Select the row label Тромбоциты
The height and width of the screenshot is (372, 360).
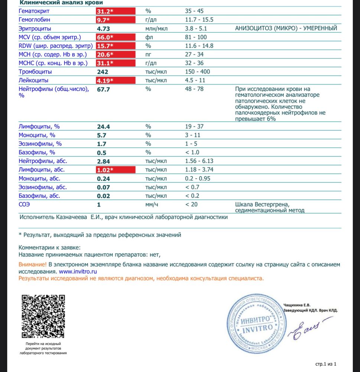point(35,71)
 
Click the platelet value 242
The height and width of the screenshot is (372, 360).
point(103,71)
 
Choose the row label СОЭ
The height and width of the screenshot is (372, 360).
point(25,204)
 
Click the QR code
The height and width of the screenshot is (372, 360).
point(43,316)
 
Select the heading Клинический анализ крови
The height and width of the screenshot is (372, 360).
point(54,3)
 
